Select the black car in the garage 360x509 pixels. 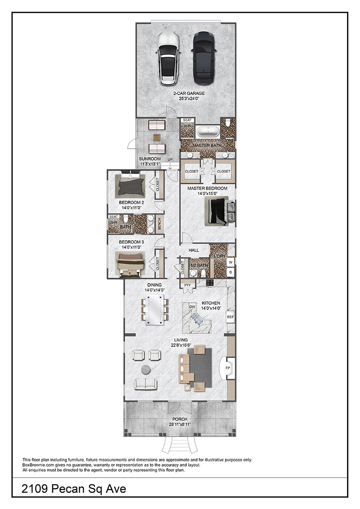tap(204, 58)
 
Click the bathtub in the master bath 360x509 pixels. tap(208, 131)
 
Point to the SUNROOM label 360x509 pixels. tap(150, 159)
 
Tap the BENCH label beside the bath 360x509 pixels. tap(159, 224)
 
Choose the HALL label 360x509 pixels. tap(194, 250)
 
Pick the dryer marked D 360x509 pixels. tap(230, 272)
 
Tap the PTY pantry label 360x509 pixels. tap(187, 285)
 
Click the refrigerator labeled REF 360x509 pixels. tap(230, 317)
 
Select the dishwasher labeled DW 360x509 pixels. tap(192, 307)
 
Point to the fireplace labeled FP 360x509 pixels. tap(228, 368)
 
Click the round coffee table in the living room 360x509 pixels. tap(146, 369)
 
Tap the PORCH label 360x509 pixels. tap(180, 419)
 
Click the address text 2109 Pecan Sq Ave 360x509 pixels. tap(74, 489)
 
